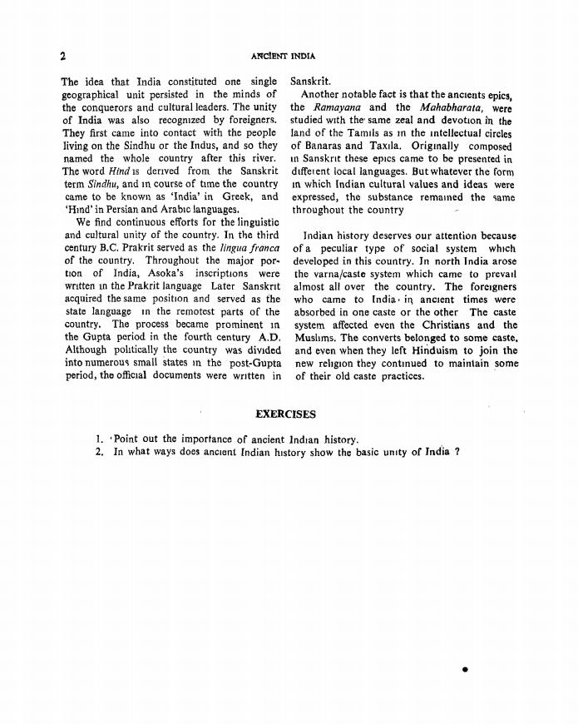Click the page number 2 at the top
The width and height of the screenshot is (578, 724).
click(x=63, y=57)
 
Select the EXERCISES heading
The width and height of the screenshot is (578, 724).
click(x=287, y=414)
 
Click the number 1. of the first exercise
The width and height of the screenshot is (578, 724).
click(x=99, y=439)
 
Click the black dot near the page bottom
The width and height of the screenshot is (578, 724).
click(x=465, y=668)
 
